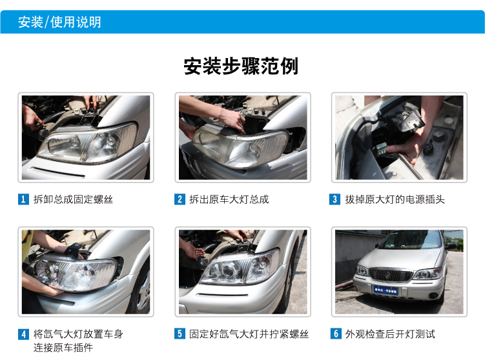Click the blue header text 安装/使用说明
(x=59, y=22)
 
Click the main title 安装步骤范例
(x=241, y=66)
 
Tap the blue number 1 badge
(x=23, y=199)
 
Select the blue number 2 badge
(x=180, y=199)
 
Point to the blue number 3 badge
(x=335, y=199)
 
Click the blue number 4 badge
(x=23, y=334)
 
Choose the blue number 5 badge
(x=180, y=334)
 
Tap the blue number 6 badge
(x=336, y=334)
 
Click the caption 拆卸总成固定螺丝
(x=73, y=199)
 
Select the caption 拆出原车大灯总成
(x=229, y=199)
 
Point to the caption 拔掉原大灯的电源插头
(x=395, y=199)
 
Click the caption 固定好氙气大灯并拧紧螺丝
(x=249, y=334)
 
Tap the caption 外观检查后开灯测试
(x=390, y=334)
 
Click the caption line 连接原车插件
(x=63, y=348)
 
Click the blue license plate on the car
(x=386, y=290)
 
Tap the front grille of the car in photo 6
(x=391, y=275)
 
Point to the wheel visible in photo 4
(x=141, y=292)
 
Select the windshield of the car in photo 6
(x=411, y=240)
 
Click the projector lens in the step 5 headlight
(x=228, y=270)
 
